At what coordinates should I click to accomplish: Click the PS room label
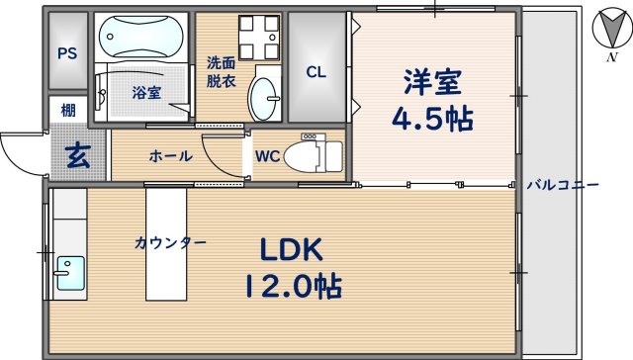68,53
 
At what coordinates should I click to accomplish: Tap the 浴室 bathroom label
146,94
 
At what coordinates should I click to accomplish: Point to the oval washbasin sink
264,97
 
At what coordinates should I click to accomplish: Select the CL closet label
316,71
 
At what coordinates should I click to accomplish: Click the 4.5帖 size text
432,119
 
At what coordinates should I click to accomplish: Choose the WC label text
267,156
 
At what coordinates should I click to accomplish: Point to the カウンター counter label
171,243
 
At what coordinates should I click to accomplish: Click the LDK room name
293,248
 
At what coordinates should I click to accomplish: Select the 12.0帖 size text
293,288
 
